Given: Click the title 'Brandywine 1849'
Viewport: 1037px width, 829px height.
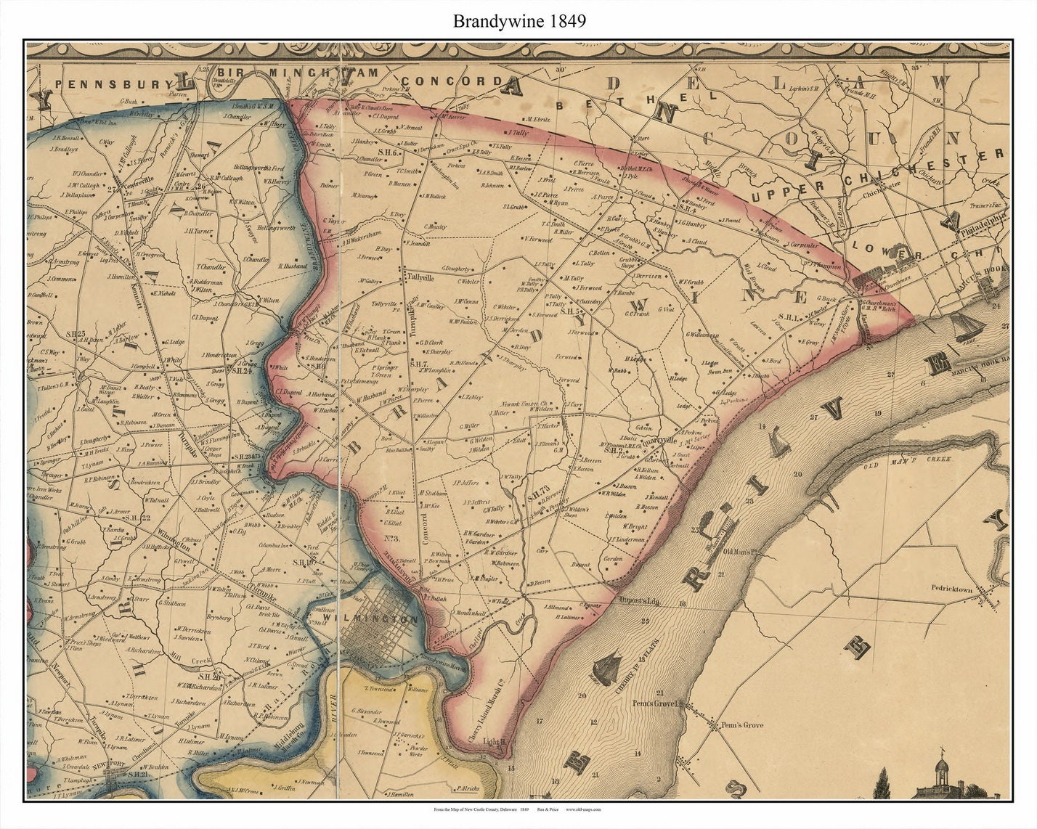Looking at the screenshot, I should point(518,20).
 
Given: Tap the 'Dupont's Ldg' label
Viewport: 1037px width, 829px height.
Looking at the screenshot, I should point(637,602).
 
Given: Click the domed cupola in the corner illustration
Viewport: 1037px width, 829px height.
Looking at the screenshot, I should point(941,764).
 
